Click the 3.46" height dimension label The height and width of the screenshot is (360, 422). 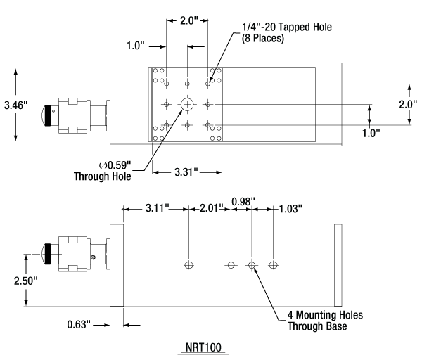[15, 105]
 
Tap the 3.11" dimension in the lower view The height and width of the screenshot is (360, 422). [157, 208]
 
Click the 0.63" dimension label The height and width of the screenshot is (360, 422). [79, 324]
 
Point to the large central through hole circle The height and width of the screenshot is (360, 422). [188, 104]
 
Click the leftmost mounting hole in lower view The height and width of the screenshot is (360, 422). [188, 265]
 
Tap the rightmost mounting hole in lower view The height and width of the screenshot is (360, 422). [274, 265]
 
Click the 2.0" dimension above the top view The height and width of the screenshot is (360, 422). [188, 21]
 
